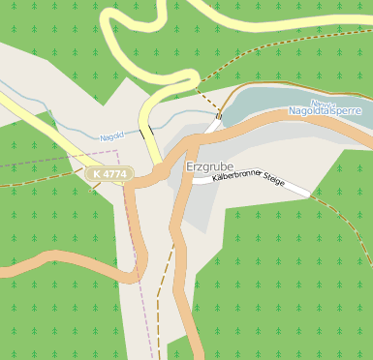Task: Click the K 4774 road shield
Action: (x=108, y=174)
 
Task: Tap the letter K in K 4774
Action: (x=96, y=174)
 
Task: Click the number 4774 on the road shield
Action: (x=113, y=174)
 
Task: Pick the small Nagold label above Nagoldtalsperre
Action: (x=323, y=103)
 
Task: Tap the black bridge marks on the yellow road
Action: (x=146, y=132)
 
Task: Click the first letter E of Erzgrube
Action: (x=189, y=167)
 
